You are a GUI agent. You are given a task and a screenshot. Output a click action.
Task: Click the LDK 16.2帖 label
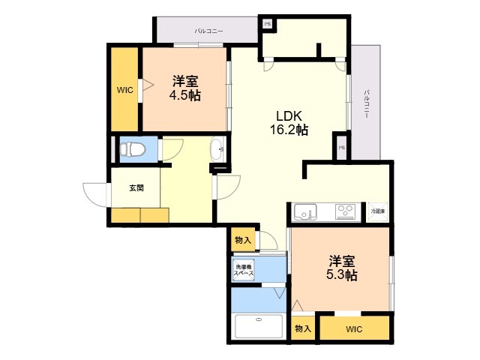(x=289, y=123)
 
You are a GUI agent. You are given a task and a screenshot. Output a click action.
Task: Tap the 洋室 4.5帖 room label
(x=184, y=88)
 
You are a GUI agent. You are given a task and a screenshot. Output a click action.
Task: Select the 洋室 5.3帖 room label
(x=341, y=268)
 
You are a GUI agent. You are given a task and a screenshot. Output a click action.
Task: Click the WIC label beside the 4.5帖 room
(x=124, y=90)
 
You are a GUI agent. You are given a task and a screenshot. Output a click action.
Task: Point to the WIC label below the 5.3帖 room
(x=354, y=329)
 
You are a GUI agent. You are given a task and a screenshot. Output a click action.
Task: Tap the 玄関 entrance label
(x=135, y=188)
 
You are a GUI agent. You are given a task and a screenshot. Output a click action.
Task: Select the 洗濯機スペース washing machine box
(x=244, y=271)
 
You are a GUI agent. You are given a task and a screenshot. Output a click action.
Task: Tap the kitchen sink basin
(x=305, y=211)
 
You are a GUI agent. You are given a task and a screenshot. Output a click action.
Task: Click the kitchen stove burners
(x=346, y=211)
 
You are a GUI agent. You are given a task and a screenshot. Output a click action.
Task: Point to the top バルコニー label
(x=208, y=31)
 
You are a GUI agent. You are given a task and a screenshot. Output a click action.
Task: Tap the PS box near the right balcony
(x=341, y=147)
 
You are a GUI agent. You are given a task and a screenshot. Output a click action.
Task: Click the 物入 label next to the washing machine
(x=242, y=240)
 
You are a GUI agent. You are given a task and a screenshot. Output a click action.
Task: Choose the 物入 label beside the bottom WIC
(x=302, y=328)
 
